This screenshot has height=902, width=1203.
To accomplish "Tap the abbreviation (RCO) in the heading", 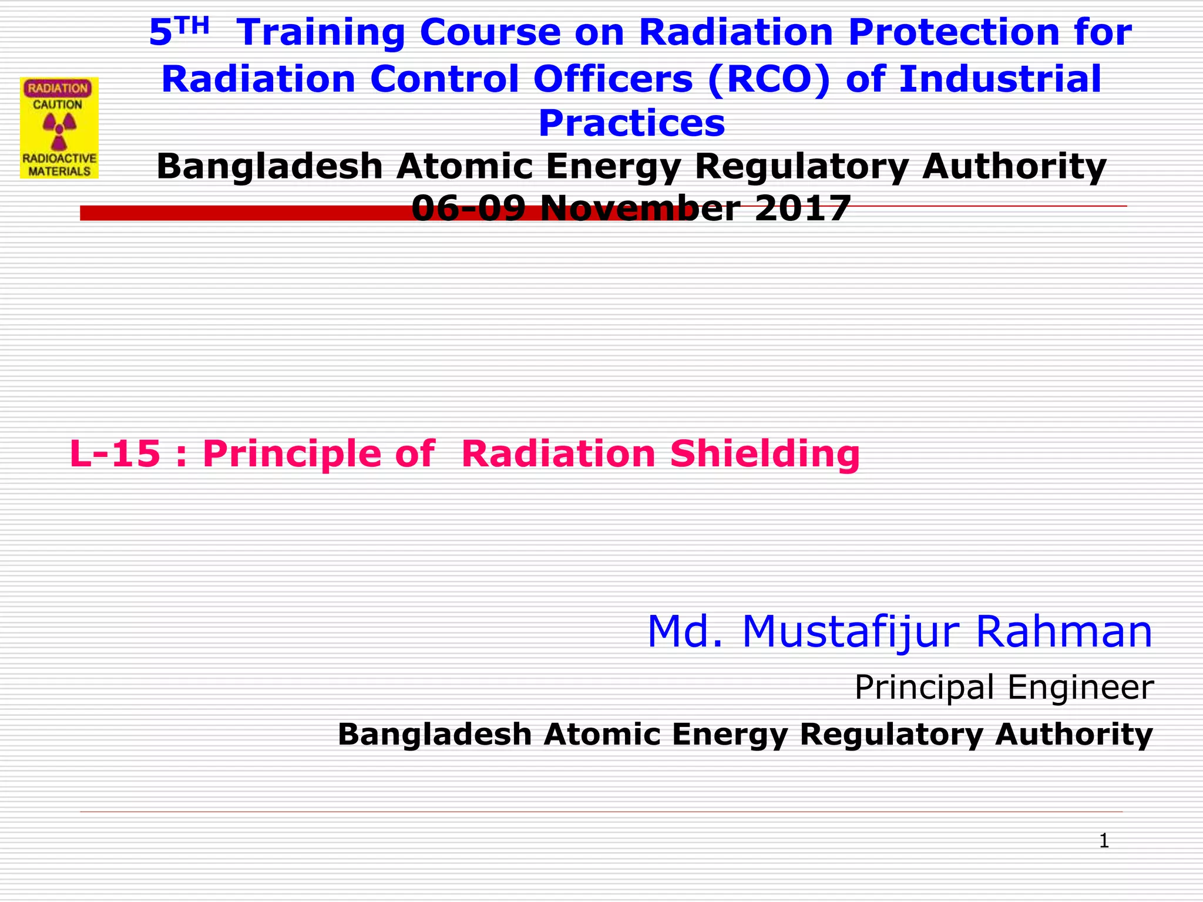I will coord(769,79).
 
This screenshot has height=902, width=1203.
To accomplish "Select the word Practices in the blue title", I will coord(631,124).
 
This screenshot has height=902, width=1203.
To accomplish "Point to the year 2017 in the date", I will coord(802,209).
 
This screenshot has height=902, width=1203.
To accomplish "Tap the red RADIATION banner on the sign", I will coord(58,89).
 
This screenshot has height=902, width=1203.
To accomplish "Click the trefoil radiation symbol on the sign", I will coord(59,130).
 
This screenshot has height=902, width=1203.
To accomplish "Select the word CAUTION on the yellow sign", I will coord(58,105).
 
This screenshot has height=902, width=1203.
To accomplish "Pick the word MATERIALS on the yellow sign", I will coord(59,171).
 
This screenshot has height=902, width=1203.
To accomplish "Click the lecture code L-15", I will coord(115,455).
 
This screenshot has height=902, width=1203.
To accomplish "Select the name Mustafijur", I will coord(849,632).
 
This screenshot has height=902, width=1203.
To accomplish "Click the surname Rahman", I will coord(1063,632).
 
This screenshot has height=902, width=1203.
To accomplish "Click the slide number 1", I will coord(1104,841).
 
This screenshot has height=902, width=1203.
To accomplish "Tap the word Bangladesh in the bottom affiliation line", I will coord(435,735).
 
